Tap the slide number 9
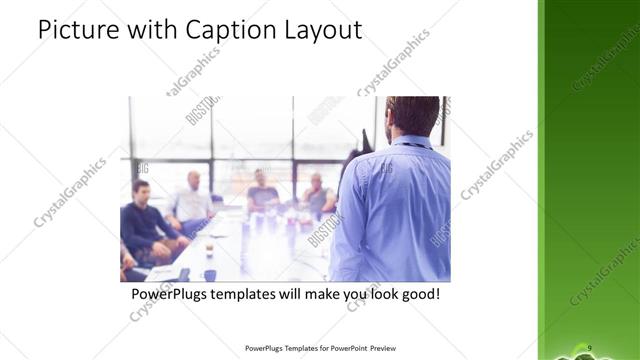click(590, 346)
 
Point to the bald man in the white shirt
click(191, 200)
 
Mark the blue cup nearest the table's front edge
click(210, 274)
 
